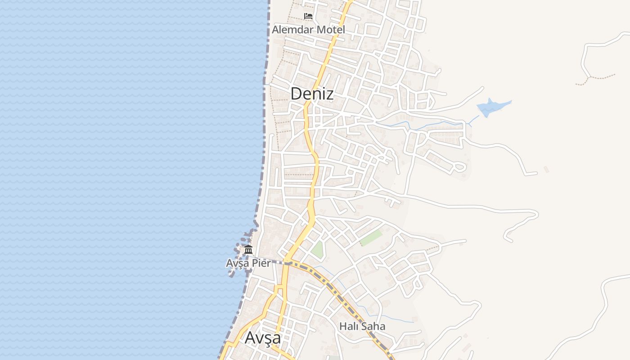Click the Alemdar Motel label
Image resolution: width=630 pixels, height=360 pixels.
pyautogui.click(x=308, y=30)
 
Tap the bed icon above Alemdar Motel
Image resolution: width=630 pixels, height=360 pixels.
pyautogui.click(x=308, y=16)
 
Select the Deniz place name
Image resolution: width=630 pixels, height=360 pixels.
pyautogui.click(x=312, y=94)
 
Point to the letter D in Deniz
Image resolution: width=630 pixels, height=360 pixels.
pyautogui.click(x=296, y=94)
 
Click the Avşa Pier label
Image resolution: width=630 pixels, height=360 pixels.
pyautogui.click(x=248, y=263)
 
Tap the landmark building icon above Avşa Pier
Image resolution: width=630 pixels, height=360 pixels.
pyautogui.click(x=248, y=249)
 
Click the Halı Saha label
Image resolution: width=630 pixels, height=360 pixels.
pyautogui.click(x=362, y=326)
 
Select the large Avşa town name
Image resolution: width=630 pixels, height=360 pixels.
pyautogui.click(x=263, y=337)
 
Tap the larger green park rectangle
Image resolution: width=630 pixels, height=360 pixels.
pyautogui.click(x=371, y=238)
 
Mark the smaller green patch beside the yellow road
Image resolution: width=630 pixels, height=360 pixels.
pyautogui.click(x=318, y=250)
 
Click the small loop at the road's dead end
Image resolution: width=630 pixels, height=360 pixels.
pyautogui.click(x=459, y=167)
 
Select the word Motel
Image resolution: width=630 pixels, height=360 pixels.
pyautogui.click(x=331, y=30)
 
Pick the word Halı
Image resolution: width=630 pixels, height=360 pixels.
pyautogui.click(x=348, y=326)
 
